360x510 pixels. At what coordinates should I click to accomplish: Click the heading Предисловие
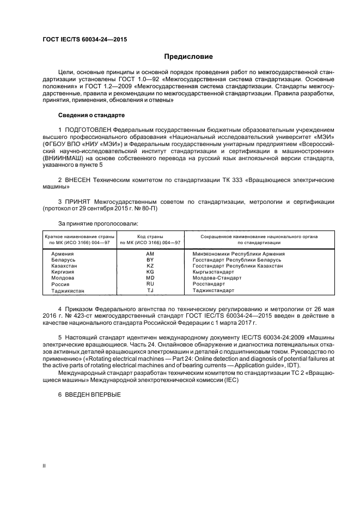tap(189, 57)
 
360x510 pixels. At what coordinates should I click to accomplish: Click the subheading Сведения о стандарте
tap(91, 116)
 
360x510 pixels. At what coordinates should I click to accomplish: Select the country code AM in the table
tap(150, 254)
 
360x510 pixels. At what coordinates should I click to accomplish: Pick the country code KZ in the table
tap(150, 266)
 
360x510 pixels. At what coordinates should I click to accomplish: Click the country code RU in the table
tap(150, 284)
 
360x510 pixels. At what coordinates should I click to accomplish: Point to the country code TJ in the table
tap(150, 290)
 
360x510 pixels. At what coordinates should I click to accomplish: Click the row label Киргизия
tap(64, 272)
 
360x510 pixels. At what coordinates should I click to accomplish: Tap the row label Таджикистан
tap(68, 290)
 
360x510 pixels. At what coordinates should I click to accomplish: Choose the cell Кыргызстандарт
tap(213, 272)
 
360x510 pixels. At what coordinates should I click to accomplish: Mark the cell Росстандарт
tap(209, 284)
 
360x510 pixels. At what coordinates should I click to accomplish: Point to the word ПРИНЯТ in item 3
tap(78, 202)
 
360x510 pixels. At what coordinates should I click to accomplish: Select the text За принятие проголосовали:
tap(98, 223)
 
